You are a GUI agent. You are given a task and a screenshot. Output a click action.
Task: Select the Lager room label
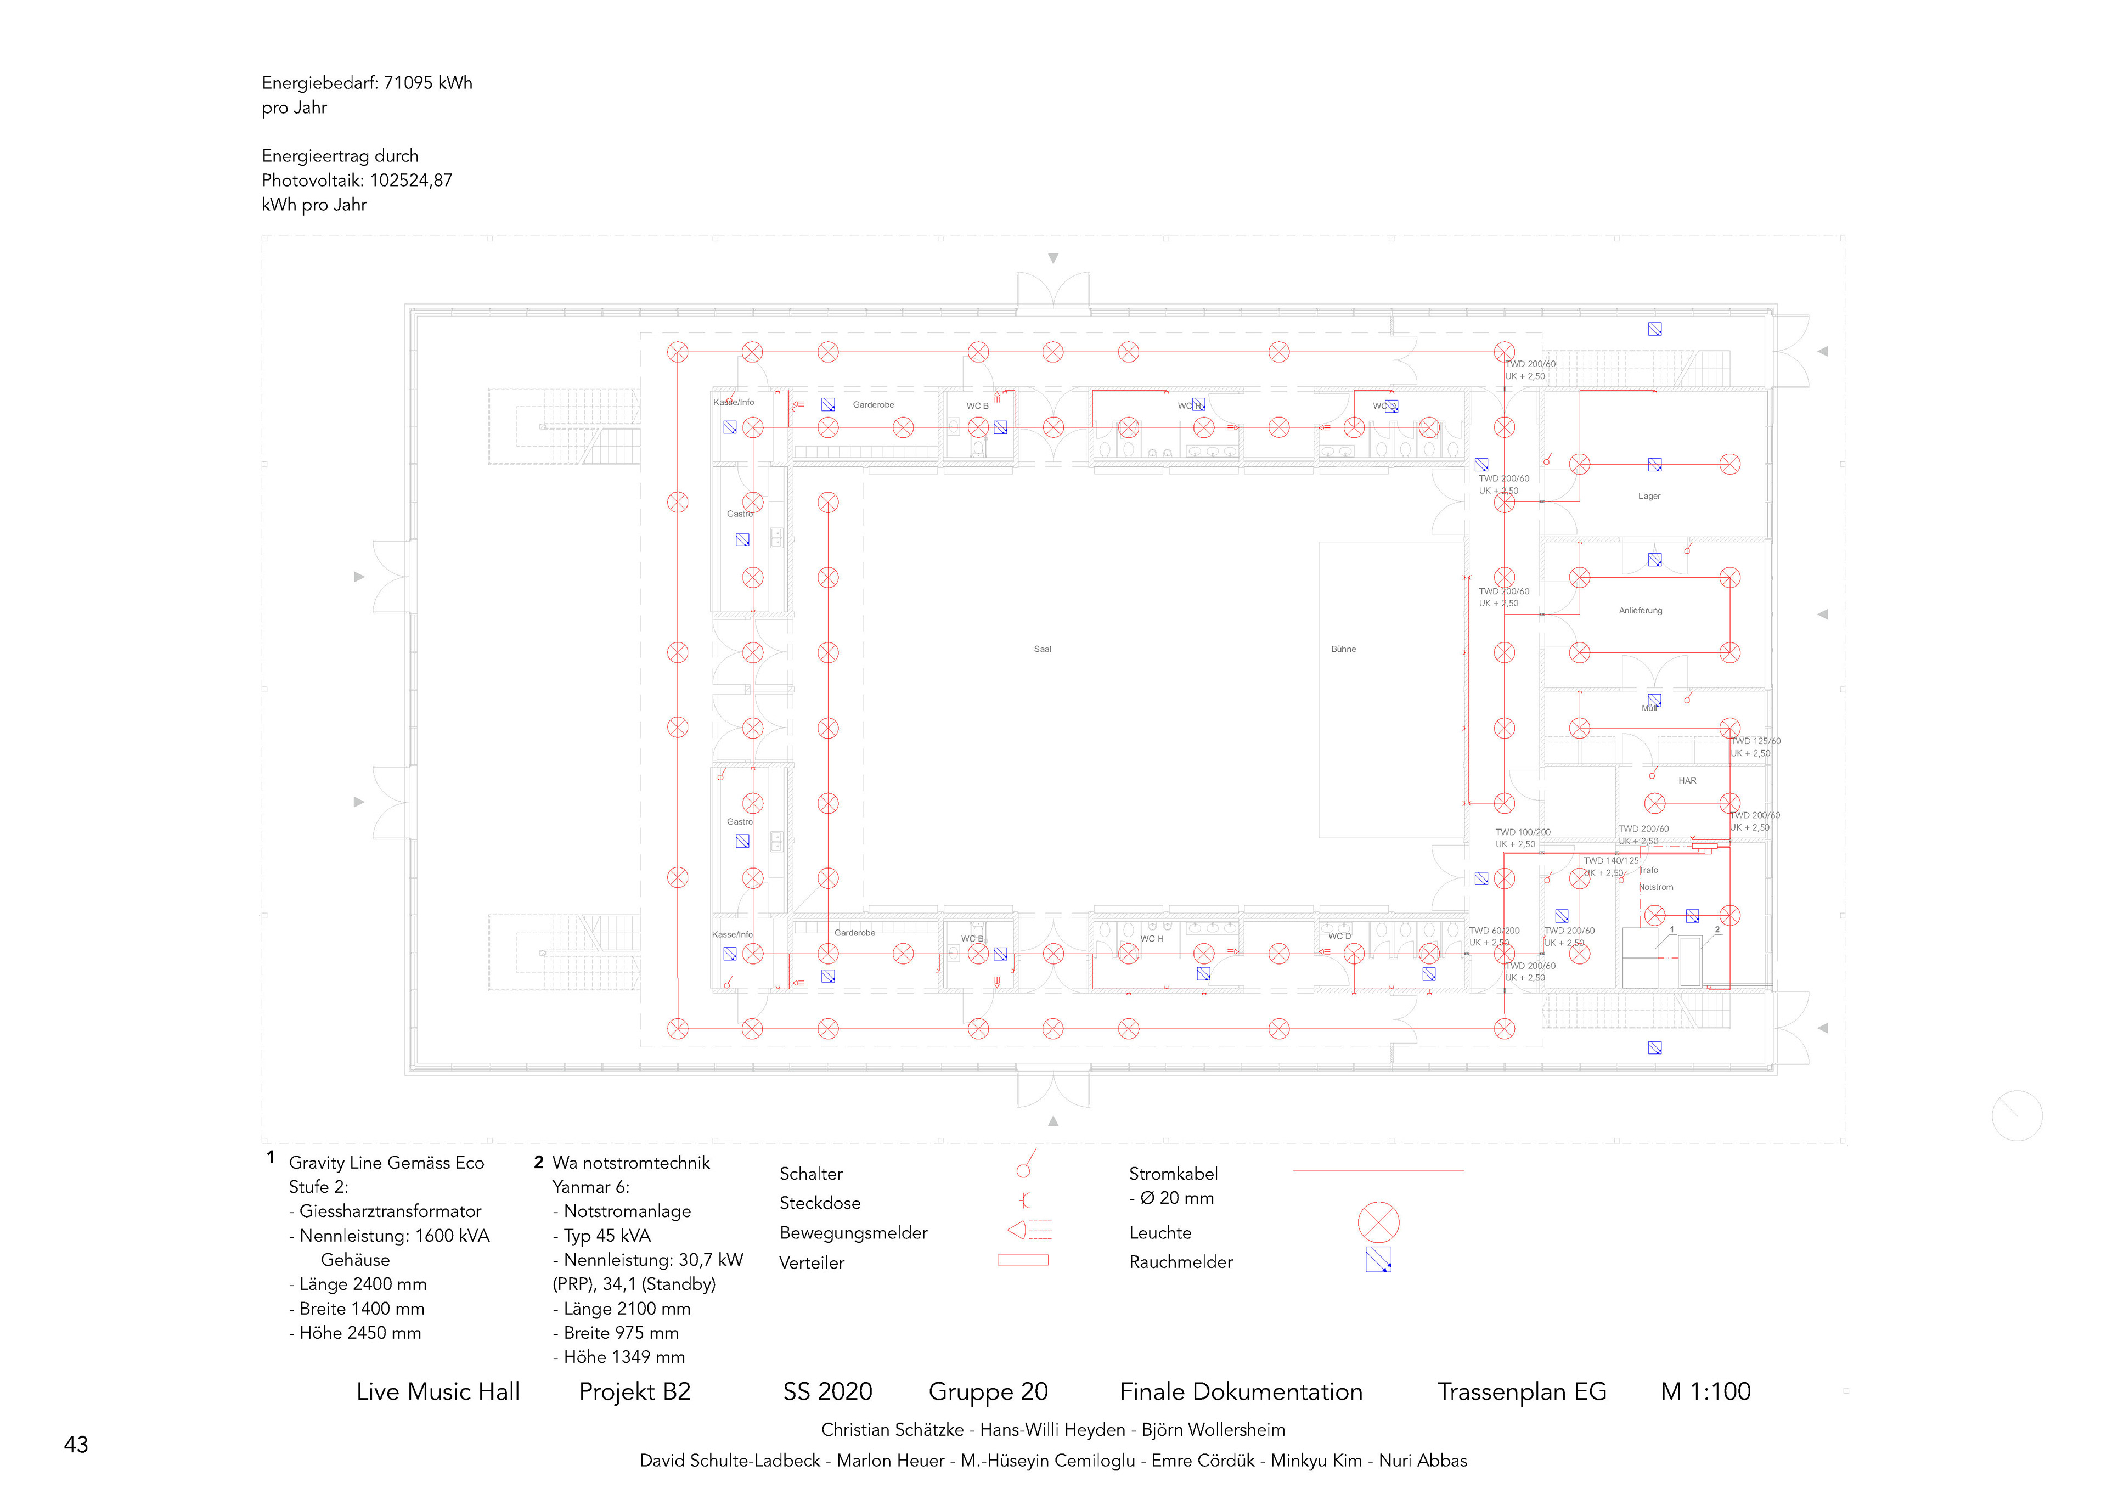1648,497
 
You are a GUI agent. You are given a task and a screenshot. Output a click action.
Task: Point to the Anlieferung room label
1640,611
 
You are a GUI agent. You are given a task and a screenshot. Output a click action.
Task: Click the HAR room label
1687,781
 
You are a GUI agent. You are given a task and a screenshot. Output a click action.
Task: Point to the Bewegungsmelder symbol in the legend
1028,1230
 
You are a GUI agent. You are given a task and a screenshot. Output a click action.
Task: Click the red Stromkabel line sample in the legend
1377,1171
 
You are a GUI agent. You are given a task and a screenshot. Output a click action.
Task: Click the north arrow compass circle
2016,1115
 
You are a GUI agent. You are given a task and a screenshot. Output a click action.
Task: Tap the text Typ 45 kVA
607,1236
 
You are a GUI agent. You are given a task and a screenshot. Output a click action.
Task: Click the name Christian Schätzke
892,1430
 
